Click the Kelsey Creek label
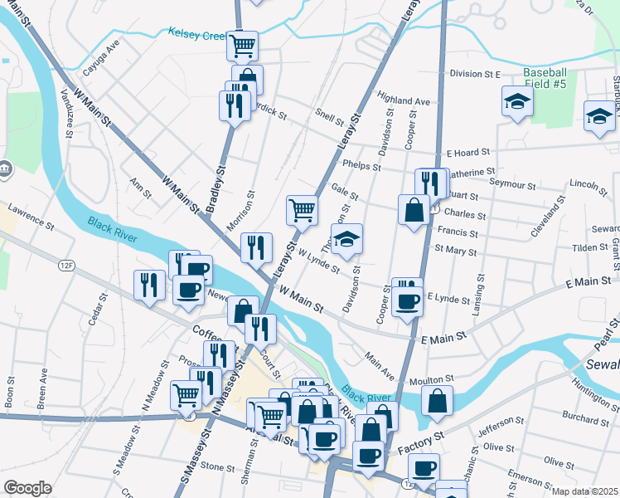196,33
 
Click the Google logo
27,488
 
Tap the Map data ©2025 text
585,491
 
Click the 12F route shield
67,266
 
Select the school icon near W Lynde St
348,237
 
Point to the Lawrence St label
31,217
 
